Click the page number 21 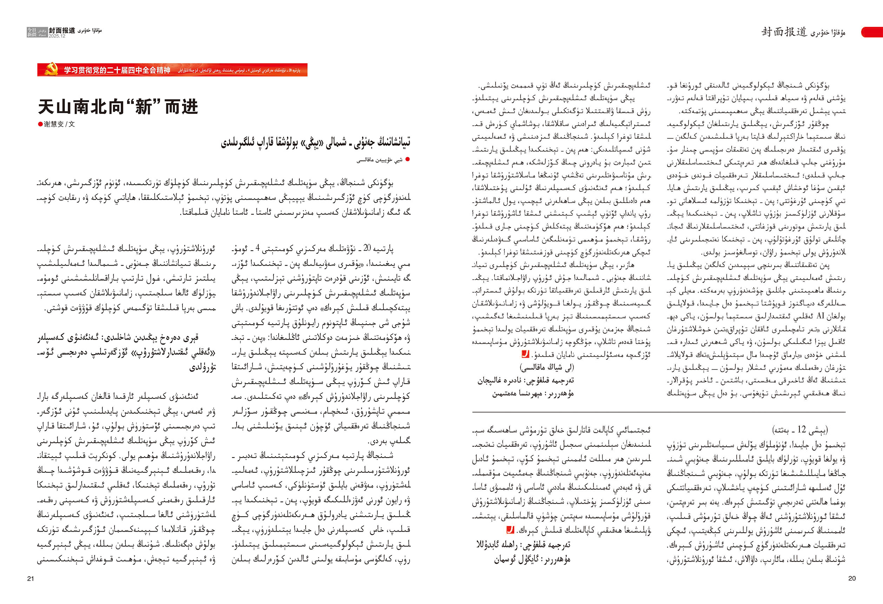tap(31, 578)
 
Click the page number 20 tap(852, 578)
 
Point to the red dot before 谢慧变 tap(40, 124)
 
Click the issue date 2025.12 tap(57, 36)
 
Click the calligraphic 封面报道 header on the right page tap(783, 32)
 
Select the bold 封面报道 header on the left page tap(62, 31)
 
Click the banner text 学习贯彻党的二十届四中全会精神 tap(117, 70)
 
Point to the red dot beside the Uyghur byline tap(408, 160)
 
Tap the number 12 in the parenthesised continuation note tap(802, 429)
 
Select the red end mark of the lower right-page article tap(510, 530)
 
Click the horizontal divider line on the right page tap(658, 412)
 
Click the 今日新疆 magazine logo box tap(32, 32)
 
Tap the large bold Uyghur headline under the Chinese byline tap(316, 143)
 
